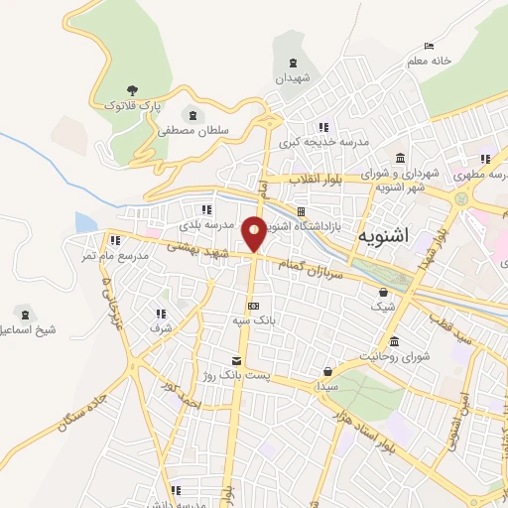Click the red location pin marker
pyautogui.click(x=255, y=233)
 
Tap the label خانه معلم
pyautogui.click(x=429, y=61)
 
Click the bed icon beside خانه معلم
pyautogui.click(x=429, y=46)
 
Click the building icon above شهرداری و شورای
pyautogui.click(x=399, y=159)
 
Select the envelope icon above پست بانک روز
pyautogui.click(x=236, y=361)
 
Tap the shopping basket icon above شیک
pyautogui.click(x=384, y=293)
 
